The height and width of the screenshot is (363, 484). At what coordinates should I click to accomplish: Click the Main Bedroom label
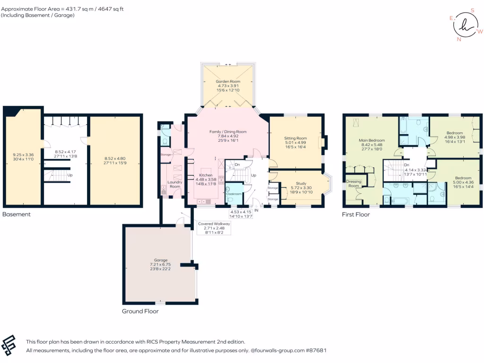pos(372,140)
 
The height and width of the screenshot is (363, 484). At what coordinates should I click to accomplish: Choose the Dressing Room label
pos(354,183)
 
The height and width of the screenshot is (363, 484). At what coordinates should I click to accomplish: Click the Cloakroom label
pos(234,194)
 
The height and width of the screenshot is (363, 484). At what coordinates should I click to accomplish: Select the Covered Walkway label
pos(215,224)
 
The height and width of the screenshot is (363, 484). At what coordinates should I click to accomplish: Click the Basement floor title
pos(17,214)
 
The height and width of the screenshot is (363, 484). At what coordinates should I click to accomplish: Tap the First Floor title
pos(356,214)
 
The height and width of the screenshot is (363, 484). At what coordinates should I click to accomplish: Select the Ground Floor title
pos(140,311)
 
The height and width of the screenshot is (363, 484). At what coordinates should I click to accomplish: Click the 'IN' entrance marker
pos(257,209)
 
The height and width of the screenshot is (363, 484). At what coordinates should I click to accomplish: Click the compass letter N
pos(458,39)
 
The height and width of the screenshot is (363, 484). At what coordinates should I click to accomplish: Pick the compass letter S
pos(472,9)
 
